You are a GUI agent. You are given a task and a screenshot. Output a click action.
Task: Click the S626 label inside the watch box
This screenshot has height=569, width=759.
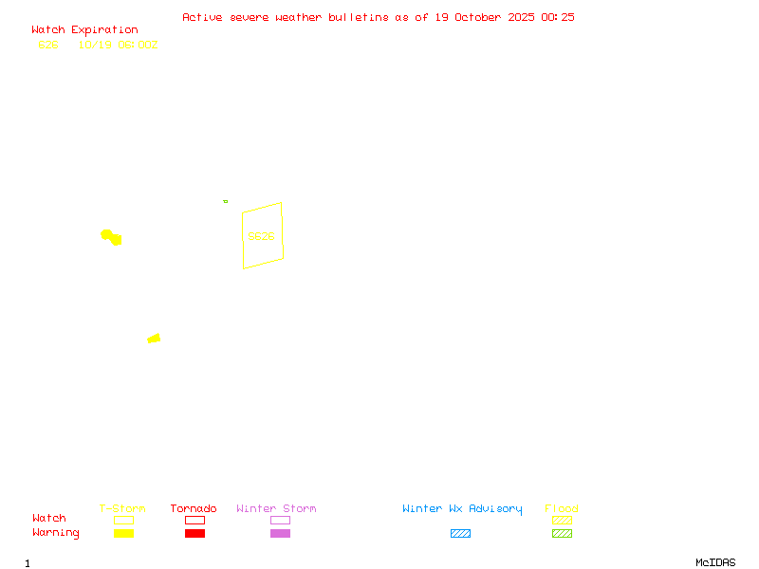(x=261, y=236)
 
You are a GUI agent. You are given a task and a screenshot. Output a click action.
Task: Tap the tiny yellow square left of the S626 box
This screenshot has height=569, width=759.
(x=225, y=201)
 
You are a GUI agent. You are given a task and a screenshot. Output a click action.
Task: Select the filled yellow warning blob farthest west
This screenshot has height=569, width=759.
(x=111, y=236)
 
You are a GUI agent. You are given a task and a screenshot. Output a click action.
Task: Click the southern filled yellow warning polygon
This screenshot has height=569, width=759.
(x=154, y=339)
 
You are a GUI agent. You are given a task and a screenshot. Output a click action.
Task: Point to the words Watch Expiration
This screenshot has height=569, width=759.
(x=84, y=30)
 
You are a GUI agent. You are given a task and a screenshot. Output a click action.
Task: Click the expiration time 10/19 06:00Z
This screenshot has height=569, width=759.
(x=118, y=45)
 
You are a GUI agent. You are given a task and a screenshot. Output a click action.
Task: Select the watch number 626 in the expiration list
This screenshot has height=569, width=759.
(x=47, y=45)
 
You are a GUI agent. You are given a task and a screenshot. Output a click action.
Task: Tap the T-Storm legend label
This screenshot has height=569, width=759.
(x=122, y=508)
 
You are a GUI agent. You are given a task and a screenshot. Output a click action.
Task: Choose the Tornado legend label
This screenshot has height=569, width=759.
(x=194, y=508)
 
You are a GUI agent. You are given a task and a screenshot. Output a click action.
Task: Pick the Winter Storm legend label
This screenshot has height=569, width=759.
(x=276, y=508)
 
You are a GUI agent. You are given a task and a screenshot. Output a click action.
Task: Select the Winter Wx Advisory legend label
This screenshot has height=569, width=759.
(x=462, y=508)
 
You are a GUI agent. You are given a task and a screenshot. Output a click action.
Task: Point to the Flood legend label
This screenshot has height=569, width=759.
(x=562, y=508)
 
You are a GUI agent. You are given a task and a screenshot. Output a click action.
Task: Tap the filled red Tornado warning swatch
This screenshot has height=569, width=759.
(x=194, y=533)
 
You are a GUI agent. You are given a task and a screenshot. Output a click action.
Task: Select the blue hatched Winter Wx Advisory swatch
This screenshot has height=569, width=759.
(x=460, y=533)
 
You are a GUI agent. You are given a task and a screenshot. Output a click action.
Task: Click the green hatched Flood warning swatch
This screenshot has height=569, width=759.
(x=562, y=533)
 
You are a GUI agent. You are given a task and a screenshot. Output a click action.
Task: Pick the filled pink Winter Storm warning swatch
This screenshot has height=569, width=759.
(x=280, y=533)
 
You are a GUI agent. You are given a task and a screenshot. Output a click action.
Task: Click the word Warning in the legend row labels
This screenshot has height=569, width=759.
(x=56, y=533)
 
